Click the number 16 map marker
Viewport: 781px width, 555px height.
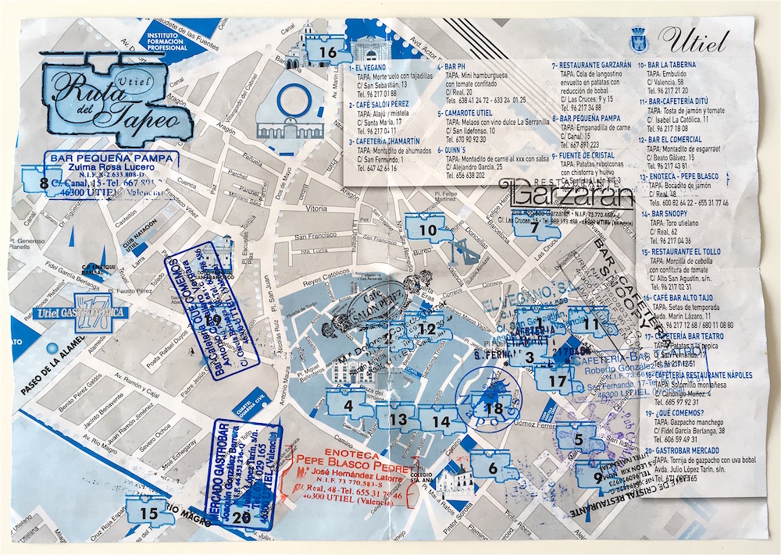[326, 52]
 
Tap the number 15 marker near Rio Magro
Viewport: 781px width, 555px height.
[148, 513]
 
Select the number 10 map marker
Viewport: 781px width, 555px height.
[427, 230]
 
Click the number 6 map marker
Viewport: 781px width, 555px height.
[493, 467]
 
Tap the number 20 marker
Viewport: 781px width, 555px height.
[241, 516]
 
